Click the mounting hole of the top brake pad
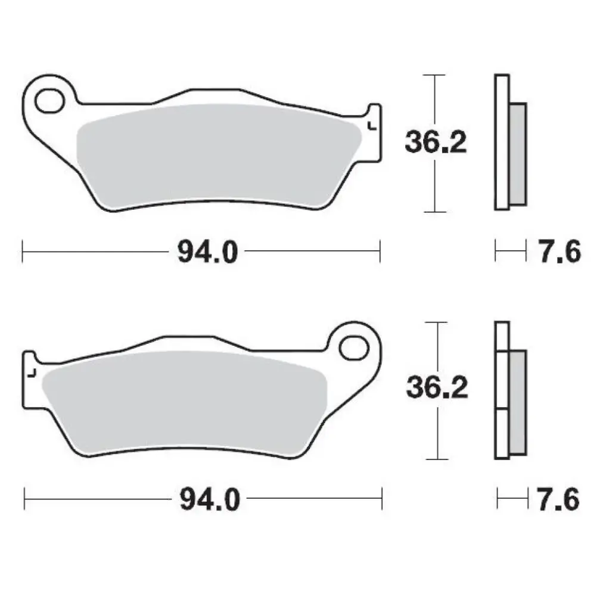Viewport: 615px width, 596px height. (50, 100)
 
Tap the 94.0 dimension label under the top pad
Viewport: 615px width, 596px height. (207, 252)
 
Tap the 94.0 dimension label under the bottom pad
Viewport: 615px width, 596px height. (209, 499)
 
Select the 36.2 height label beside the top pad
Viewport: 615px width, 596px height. (436, 143)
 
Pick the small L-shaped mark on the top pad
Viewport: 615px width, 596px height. (372, 126)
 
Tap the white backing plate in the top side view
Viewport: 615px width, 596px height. (502, 143)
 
